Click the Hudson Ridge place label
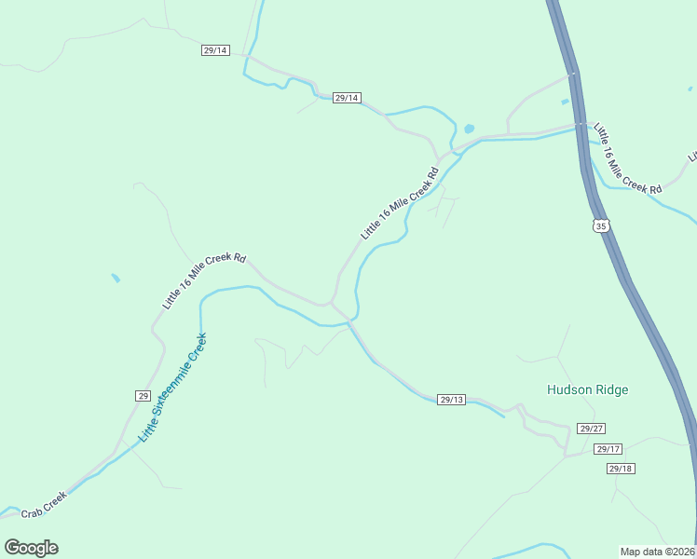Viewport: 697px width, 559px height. pyautogui.click(x=587, y=389)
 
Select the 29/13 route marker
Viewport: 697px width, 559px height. pyautogui.click(x=451, y=399)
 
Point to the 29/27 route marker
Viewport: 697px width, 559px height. pyautogui.click(x=592, y=429)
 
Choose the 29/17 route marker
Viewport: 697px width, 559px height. pyautogui.click(x=608, y=449)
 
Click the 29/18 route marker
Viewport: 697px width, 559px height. pyautogui.click(x=621, y=468)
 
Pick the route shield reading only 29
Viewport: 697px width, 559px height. pyautogui.click(x=143, y=395)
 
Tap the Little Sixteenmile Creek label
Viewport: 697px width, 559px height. pyautogui.click(x=172, y=387)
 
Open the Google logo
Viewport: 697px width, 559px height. pyautogui.click(x=31, y=547)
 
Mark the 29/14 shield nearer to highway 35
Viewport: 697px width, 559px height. pyautogui.click(x=346, y=98)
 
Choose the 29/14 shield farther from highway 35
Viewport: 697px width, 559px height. pyautogui.click(x=214, y=50)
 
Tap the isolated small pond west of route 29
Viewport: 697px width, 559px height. pyautogui.click(x=115, y=278)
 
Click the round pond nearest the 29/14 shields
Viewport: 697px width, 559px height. pyautogui.click(x=469, y=129)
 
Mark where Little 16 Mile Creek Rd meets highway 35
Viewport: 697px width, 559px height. pyautogui.click(x=580, y=124)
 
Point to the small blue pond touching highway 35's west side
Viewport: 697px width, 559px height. pyautogui.click(x=566, y=101)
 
